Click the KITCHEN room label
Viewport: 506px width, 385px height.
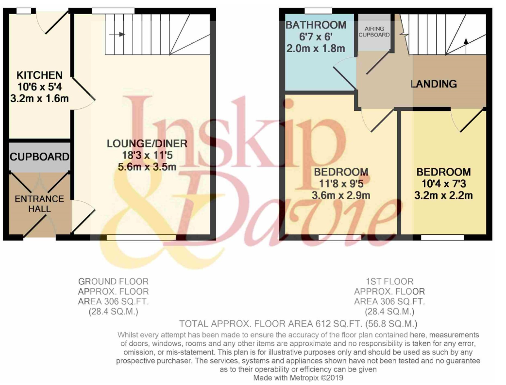39,75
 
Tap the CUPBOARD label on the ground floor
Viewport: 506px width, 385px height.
39,157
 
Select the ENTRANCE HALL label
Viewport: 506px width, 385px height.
39,204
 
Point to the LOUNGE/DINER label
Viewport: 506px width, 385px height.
147,143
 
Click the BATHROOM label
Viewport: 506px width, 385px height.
316,25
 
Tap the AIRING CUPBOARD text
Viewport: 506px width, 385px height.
374,32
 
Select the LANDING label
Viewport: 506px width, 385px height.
433,84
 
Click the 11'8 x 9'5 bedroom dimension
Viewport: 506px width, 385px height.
341,183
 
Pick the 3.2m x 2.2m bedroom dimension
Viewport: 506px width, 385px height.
443,195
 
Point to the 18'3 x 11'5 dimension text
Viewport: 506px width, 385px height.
147,155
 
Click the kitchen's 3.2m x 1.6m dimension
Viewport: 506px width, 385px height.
39,98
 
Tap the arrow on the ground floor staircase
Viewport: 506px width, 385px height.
117,34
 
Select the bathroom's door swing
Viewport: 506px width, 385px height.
345,73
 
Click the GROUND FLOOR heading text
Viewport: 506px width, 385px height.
113,281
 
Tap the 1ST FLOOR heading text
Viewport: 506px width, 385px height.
389,281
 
